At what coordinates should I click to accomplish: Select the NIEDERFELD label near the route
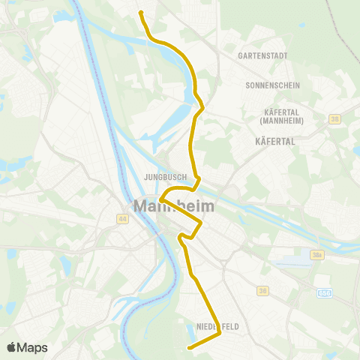tap(217, 327)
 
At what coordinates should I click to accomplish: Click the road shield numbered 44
tap(122, 218)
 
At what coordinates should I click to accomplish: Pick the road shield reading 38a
tap(317, 256)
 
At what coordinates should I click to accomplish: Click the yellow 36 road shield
tap(262, 289)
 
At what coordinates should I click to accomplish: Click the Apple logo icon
tap(11, 348)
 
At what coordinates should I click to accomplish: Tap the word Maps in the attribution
tap(32, 348)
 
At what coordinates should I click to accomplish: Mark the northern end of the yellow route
tap(140, 12)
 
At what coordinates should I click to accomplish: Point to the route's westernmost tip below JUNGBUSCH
tap(160, 199)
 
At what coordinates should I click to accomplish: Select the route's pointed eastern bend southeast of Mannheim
tap(202, 223)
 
